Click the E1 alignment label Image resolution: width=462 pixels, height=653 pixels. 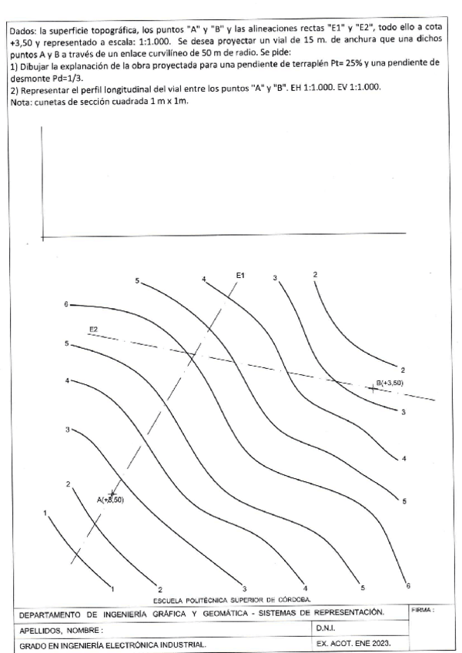point(240,275)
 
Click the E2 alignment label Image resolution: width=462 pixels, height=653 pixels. point(93,329)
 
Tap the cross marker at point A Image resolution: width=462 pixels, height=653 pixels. point(112,494)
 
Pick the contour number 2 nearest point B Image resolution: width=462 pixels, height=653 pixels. point(402,370)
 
